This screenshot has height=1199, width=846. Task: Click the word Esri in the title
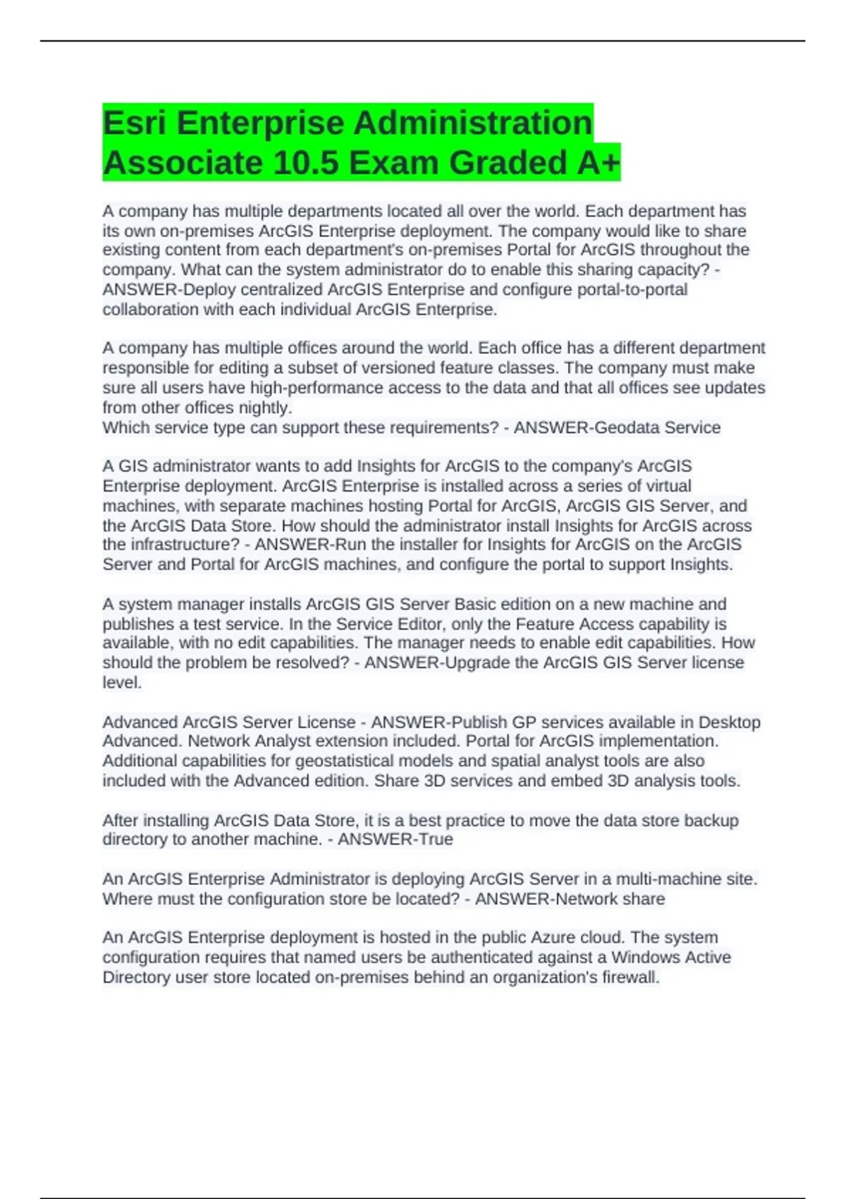tap(134, 123)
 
